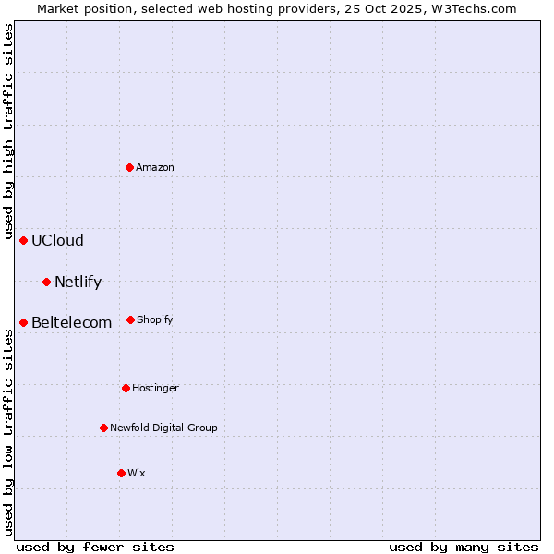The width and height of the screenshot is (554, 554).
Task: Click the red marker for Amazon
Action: [130, 167]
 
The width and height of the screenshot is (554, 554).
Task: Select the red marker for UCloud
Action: [24, 240]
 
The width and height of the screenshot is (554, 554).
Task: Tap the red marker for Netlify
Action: [47, 282]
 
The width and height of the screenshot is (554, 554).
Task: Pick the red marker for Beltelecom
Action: [24, 322]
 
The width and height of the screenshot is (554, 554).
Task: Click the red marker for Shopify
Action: [130, 319]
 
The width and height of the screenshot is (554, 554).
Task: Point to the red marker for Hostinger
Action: [126, 388]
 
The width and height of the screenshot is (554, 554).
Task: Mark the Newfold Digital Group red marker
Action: [103, 428]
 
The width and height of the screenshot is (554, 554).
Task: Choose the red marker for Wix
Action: [121, 473]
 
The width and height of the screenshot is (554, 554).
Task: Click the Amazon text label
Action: [155, 167]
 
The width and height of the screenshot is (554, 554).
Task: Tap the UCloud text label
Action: [57, 240]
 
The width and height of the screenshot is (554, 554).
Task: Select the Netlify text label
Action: [78, 282]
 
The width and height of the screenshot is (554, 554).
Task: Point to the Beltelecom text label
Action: [71, 322]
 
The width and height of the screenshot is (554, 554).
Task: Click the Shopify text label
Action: [154, 319]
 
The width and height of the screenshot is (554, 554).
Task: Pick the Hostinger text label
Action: [155, 388]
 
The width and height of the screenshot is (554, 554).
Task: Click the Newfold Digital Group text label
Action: [163, 428]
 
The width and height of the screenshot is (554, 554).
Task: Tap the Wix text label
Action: [137, 473]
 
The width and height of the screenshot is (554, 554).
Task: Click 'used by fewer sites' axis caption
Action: [95, 547]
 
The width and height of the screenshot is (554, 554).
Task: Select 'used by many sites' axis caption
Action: [464, 547]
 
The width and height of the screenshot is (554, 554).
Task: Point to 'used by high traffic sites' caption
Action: [8, 132]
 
